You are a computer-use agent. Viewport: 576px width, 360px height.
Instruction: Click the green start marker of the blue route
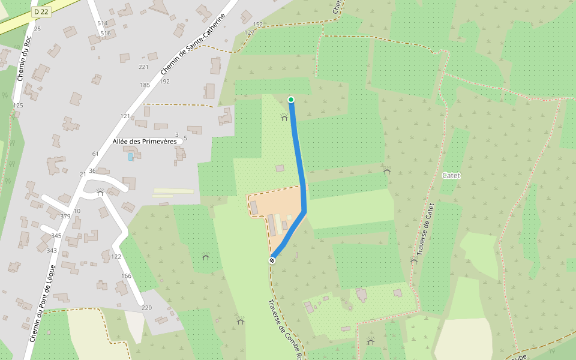click(x=291, y=100)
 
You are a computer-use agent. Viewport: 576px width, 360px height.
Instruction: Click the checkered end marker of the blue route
click(x=272, y=260)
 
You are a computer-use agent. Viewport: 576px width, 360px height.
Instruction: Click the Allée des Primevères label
click(x=145, y=141)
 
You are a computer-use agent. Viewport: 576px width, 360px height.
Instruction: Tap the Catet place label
click(x=451, y=176)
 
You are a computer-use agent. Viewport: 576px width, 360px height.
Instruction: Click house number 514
click(x=103, y=23)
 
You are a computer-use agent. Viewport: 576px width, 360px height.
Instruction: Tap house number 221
click(x=143, y=67)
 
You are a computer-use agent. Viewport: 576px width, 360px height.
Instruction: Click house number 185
click(x=145, y=85)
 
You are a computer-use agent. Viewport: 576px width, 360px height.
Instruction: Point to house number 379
click(x=65, y=216)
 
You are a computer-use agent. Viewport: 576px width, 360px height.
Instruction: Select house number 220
click(x=146, y=308)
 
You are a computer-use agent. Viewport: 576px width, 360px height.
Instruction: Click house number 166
click(x=126, y=276)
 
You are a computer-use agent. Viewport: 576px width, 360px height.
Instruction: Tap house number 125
click(x=18, y=106)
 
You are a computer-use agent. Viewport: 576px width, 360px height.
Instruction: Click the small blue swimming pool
click(x=131, y=157)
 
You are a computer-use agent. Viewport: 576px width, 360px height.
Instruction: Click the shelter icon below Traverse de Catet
click(x=413, y=261)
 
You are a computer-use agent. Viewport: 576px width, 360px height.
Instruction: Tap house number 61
click(x=95, y=154)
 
